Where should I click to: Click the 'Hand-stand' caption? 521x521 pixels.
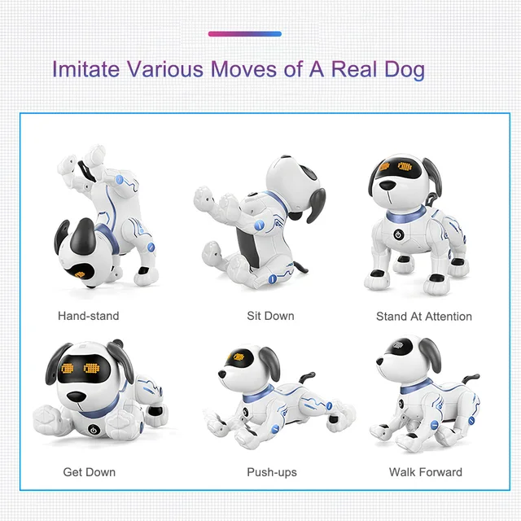[x=88, y=316]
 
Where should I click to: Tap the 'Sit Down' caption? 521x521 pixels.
[x=270, y=316]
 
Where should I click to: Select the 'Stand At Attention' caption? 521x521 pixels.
[x=423, y=316]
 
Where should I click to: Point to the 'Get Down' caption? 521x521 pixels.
[x=90, y=472]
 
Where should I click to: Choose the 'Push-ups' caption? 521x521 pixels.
[x=272, y=472]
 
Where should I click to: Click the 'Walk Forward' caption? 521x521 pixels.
[x=425, y=472]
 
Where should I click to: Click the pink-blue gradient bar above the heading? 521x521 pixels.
[x=245, y=34]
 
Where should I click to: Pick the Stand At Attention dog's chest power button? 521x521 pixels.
[x=399, y=233]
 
